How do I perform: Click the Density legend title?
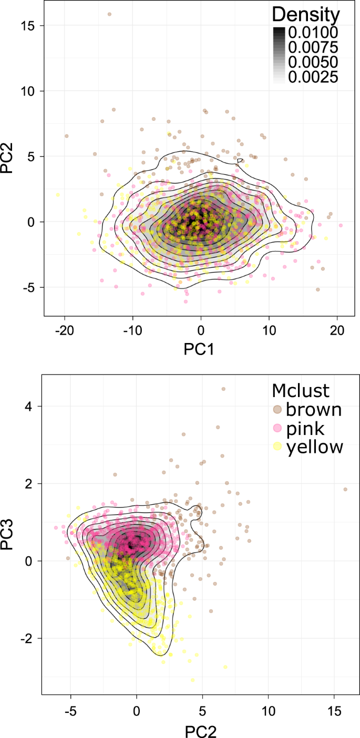point(306,14)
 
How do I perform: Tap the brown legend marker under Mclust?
point(278,409)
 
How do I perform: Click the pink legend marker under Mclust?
point(278,428)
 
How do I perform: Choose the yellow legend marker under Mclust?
point(278,447)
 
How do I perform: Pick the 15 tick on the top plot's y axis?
point(29,25)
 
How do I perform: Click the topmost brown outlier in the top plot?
point(109,14)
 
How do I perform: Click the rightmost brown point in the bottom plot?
point(345,489)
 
